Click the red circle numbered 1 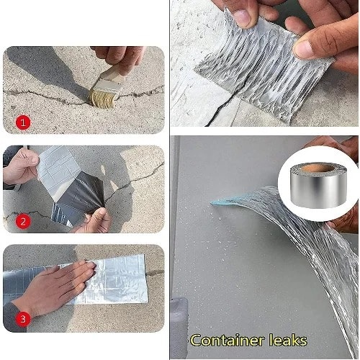pos(23,122)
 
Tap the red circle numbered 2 pos(23,221)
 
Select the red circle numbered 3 pos(23,319)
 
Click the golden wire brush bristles pos(102,99)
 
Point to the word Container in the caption pos(228,340)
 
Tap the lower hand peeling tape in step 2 pos(96,221)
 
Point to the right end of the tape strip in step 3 pos(146,279)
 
